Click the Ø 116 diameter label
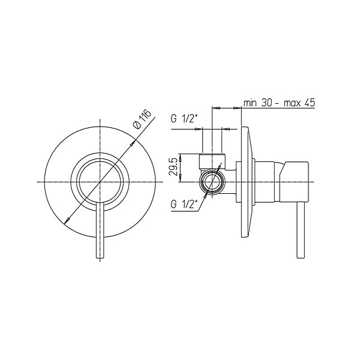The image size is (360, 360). pyautogui.click(x=143, y=119)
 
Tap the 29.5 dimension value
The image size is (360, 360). pyautogui.click(x=173, y=167)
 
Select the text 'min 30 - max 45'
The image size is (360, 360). pyautogui.click(x=279, y=103)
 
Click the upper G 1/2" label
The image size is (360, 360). pyautogui.click(x=184, y=119)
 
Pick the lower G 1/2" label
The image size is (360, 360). pyautogui.click(x=184, y=204)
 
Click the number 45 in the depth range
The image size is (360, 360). pyautogui.click(x=310, y=103)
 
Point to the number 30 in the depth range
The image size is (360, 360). pyautogui.click(x=266, y=103)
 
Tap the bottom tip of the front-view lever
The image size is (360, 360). pyautogui.click(x=100, y=259)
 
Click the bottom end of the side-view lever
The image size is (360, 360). pyautogui.click(x=301, y=258)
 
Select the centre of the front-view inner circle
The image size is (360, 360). pyautogui.click(x=100, y=182)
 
